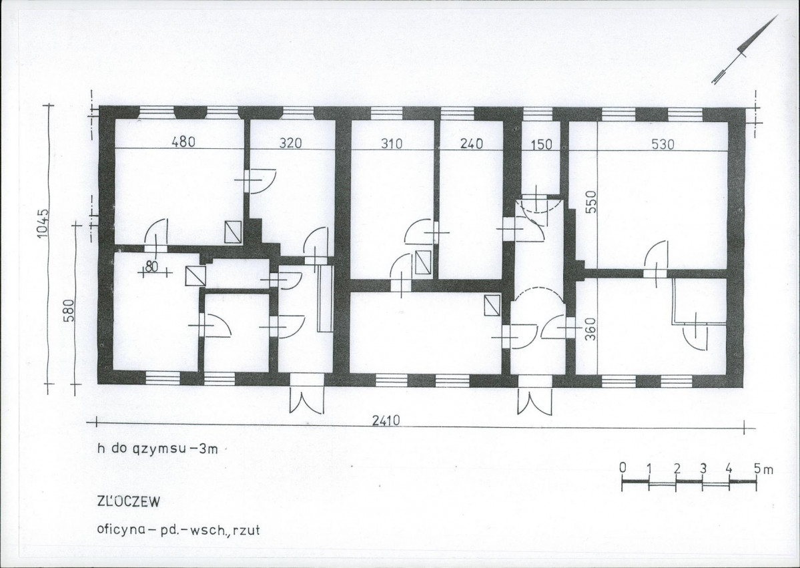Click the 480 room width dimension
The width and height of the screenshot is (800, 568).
(x=183, y=141)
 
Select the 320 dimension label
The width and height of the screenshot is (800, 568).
(x=290, y=143)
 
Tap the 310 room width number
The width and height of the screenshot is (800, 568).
(x=392, y=144)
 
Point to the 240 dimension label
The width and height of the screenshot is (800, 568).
(x=472, y=144)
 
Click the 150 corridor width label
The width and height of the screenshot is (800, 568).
(x=541, y=144)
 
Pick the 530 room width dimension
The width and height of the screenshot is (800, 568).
(x=663, y=144)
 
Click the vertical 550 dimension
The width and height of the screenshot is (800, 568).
(x=590, y=203)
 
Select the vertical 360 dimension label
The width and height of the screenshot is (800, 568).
(x=590, y=329)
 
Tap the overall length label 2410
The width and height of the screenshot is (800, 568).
(x=386, y=420)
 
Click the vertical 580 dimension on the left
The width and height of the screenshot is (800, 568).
(x=69, y=310)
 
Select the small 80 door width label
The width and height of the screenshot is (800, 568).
(x=151, y=266)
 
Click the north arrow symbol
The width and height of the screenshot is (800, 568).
(x=745, y=49)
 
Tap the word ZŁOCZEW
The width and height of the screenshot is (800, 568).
(x=129, y=502)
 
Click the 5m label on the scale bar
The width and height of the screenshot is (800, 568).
(x=764, y=468)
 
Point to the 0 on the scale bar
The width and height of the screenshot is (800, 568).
(x=623, y=467)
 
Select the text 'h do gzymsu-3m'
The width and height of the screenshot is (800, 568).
(x=157, y=449)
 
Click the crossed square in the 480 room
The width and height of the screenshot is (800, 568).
(x=233, y=232)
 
